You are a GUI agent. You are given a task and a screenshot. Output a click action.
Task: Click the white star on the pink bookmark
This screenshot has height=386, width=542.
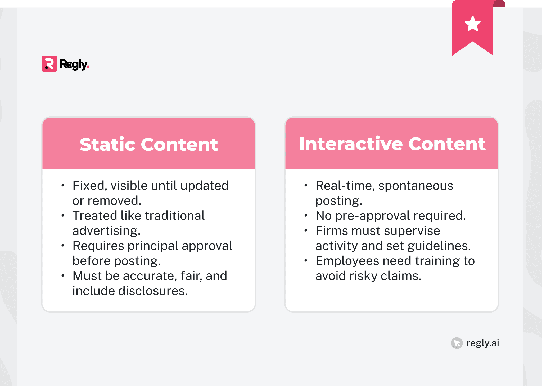click(473, 24)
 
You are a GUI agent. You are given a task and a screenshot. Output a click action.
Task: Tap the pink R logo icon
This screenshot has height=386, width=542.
click(49, 64)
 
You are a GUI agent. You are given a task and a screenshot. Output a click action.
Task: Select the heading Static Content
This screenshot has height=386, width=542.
click(149, 144)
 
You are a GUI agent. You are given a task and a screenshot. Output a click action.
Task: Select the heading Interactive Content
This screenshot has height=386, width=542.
click(392, 144)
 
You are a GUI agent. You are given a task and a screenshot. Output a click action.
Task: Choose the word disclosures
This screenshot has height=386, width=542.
click(153, 291)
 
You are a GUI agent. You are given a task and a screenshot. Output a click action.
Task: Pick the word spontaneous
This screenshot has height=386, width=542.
click(415, 186)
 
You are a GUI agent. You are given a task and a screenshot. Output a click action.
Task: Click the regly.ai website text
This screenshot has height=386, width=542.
click(482, 343)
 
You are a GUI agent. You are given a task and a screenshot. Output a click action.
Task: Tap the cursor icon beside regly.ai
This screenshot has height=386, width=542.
click(457, 343)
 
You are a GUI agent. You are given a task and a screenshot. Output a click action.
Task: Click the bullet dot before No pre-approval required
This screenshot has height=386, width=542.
click(306, 216)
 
